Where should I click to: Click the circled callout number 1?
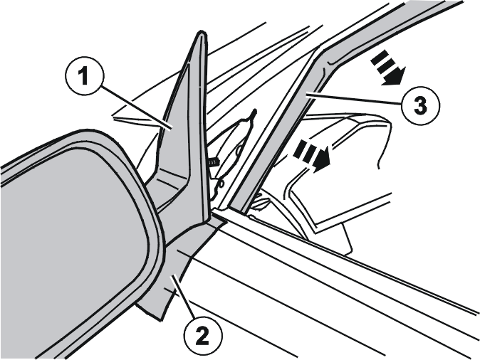(x=85, y=76)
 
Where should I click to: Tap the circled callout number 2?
(x=203, y=336)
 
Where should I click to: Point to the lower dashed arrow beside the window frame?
(x=312, y=155)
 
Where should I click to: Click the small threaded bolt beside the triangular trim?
(x=214, y=162)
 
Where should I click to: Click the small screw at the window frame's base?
(x=261, y=203)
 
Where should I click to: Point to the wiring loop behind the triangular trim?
(x=236, y=153)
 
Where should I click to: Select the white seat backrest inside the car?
(x=343, y=171)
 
